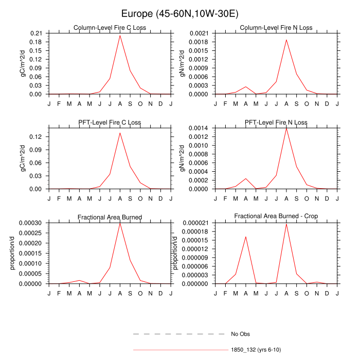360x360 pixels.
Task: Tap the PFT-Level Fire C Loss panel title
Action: click(110, 122)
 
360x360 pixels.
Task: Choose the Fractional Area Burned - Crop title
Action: click(276, 217)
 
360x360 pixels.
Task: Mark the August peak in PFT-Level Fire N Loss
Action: click(286, 128)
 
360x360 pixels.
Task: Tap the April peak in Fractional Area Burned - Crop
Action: click(246, 237)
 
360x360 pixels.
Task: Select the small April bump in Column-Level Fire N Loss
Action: click(246, 86)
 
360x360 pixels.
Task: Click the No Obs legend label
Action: click(240, 334)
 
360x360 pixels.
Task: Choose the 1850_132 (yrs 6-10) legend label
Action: click(256, 350)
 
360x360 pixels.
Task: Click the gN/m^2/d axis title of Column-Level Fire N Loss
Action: click(182, 64)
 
